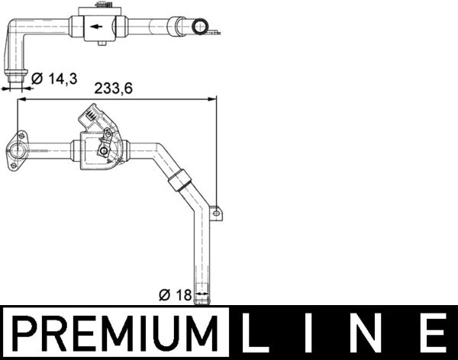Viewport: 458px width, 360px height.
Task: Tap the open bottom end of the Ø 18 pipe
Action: tap(202, 297)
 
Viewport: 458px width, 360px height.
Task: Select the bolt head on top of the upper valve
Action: tap(101, 6)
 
